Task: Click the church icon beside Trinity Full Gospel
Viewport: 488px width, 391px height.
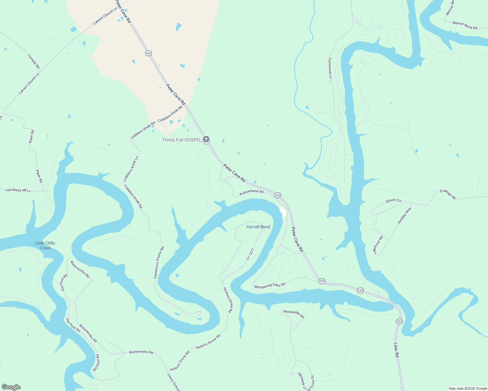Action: (206, 139)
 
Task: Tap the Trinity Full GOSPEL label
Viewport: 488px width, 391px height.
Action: (182, 140)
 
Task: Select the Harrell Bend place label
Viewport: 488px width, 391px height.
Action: (258, 227)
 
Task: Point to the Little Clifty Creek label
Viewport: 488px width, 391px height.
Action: (45, 245)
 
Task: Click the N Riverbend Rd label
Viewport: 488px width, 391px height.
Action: (252, 192)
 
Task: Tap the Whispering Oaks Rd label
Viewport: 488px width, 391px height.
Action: (270, 285)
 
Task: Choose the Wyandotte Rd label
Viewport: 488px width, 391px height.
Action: (294, 314)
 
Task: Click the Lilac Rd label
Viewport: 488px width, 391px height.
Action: (396, 350)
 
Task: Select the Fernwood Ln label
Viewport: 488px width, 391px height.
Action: (330, 68)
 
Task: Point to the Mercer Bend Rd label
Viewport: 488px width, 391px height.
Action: (465, 25)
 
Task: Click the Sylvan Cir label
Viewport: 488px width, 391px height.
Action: (393, 201)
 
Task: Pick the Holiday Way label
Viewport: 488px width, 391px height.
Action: (404, 215)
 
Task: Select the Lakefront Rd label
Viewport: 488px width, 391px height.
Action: (377, 245)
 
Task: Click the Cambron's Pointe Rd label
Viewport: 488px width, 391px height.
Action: (159, 263)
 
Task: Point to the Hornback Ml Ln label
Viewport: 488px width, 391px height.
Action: (18, 190)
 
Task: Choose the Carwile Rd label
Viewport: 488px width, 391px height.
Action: (34, 61)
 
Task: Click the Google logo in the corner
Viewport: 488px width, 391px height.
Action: (11, 387)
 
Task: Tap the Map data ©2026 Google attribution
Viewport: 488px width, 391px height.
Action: (468, 388)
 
